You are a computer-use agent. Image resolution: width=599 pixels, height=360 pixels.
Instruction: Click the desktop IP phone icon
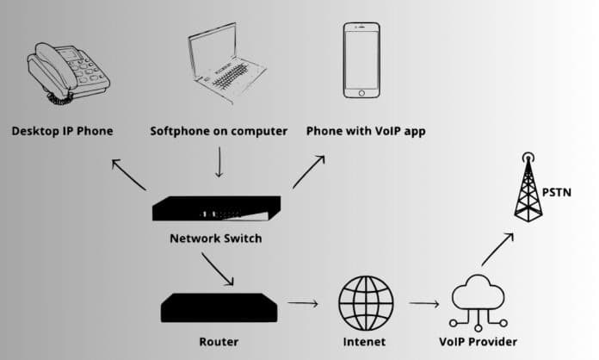click(69, 68)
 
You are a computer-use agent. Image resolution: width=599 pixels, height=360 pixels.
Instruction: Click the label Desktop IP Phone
click(62, 132)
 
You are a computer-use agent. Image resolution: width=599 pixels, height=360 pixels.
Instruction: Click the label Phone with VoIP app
click(365, 132)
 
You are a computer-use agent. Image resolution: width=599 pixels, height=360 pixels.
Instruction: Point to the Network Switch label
click(215, 239)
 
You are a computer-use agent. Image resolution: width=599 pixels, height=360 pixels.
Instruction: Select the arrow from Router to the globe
click(302, 303)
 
